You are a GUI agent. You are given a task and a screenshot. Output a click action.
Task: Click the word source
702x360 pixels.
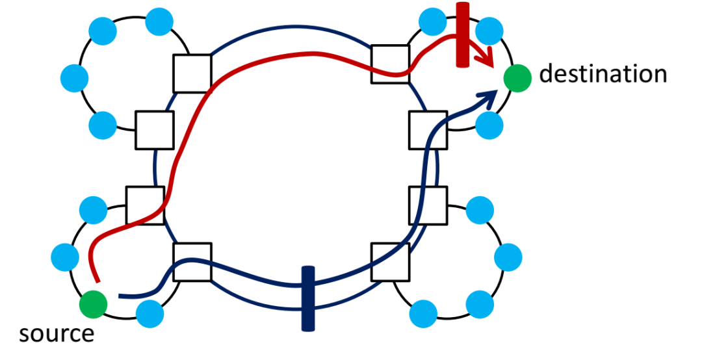(57, 333)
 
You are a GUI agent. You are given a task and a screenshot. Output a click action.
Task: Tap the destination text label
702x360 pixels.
(603, 74)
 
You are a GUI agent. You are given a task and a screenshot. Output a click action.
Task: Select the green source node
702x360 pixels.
(93, 304)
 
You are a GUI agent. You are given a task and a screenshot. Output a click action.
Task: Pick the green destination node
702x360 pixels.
(517, 78)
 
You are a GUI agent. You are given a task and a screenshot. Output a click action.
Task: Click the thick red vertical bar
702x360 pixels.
(463, 35)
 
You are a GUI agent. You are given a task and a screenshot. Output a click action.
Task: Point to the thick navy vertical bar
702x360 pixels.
(308, 299)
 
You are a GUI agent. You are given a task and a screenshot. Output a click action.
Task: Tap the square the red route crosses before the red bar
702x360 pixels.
(390, 64)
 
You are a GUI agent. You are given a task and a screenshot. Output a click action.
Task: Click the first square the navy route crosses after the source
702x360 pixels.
(192, 262)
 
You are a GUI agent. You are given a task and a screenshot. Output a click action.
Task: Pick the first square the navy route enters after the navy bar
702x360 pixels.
(390, 262)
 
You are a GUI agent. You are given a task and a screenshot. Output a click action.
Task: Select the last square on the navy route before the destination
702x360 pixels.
(428, 130)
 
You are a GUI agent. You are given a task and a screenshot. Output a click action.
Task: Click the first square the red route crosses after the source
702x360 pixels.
(145, 205)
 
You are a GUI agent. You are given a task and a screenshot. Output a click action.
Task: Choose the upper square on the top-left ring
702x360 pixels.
(192, 73)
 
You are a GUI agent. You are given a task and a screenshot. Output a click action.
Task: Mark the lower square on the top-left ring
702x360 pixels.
(155, 130)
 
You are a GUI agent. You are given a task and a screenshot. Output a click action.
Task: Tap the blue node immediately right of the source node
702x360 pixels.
(149, 313)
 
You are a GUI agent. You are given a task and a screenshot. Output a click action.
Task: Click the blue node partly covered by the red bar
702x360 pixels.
(489, 31)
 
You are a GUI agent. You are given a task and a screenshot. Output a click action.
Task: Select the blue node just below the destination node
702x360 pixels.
(489, 125)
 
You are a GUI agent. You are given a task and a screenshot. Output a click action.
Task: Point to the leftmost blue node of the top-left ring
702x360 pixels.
(74, 78)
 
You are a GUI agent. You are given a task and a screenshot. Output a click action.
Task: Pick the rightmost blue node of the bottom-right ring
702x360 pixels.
(508, 257)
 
